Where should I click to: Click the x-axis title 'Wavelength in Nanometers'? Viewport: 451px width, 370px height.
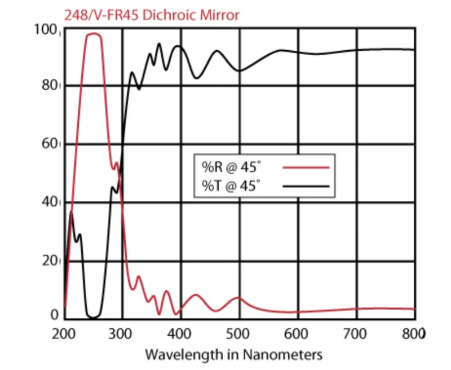(x=233, y=355)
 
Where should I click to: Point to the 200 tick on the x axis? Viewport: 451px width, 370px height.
(x=64, y=333)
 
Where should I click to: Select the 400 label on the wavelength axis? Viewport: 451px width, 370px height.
(x=181, y=333)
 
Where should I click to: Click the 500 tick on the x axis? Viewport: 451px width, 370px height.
(x=240, y=333)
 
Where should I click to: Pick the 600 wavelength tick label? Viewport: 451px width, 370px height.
(x=298, y=333)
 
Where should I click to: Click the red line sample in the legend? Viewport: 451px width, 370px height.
(x=305, y=167)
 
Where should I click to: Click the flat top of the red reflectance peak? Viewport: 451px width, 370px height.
(x=93, y=34)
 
